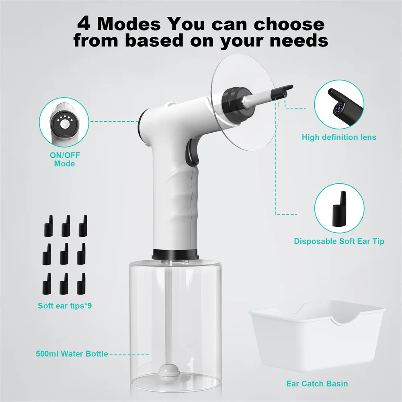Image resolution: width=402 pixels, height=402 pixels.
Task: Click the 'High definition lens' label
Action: pyautogui.click(x=339, y=137)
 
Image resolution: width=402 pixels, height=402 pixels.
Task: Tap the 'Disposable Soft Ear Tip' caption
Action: pyautogui.click(x=339, y=241)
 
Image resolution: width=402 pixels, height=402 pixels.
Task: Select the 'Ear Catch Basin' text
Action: pyautogui.click(x=317, y=384)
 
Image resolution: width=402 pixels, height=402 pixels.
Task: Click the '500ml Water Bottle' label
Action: pyautogui.click(x=71, y=354)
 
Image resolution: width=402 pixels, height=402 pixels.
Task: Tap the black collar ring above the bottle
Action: pyautogui.click(x=175, y=254)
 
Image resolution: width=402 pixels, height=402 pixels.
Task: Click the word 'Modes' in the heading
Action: pyautogui.click(x=129, y=24)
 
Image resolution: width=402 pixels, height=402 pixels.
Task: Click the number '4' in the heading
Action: pyautogui.click(x=84, y=24)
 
